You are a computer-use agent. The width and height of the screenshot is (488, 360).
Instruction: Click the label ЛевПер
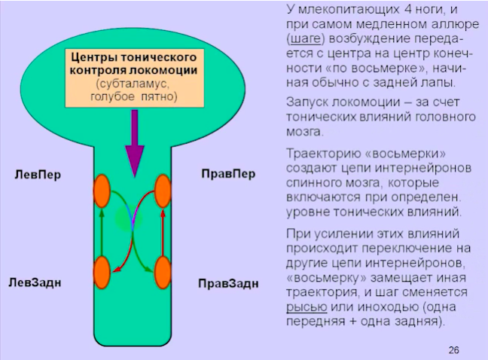(x=38, y=175)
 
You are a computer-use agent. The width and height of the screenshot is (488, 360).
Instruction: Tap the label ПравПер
(x=228, y=174)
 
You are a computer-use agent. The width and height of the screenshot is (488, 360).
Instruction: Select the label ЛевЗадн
(x=35, y=282)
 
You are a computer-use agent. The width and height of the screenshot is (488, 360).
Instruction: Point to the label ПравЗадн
(x=228, y=283)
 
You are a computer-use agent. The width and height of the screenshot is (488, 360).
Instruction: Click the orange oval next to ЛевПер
(x=102, y=191)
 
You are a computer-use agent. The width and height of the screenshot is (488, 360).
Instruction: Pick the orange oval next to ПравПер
(x=163, y=191)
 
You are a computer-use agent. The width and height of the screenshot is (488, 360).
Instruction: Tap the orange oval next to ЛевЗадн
(x=102, y=273)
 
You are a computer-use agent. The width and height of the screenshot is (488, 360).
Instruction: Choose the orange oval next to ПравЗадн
(x=163, y=273)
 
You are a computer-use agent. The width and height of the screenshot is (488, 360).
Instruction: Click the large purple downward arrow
(x=135, y=143)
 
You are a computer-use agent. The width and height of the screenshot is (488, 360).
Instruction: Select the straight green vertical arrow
(x=102, y=233)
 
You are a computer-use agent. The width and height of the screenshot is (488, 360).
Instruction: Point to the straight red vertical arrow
(x=163, y=233)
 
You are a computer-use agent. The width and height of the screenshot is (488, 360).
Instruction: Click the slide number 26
(x=454, y=350)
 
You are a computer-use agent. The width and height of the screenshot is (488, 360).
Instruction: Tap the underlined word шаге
(x=305, y=39)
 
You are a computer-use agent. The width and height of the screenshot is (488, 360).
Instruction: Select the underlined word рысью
(x=307, y=307)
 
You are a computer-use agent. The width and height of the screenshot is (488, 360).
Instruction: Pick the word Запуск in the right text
(x=307, y=102)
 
